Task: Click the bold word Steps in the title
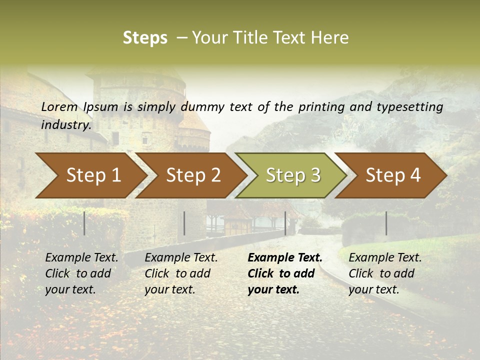pyautogui.click(x=145, y=38)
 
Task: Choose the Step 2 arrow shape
pyautogui.click(x=193, y=175)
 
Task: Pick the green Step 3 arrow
pyautogui.click(x=293, y=175)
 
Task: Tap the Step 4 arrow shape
pyautogui.click(x=393, y=175)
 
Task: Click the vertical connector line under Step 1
pyautogui.click(x=84, y=223)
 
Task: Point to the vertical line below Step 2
pyautogui.click(x=184, y=223)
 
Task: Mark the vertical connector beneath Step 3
pyautogui.click(x=285, y=223)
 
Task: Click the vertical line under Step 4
pyautogui.click(x=386, y=223)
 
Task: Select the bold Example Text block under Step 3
pyautogui.click(x=284, y=273)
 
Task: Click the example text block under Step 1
pyautogui.click(x=81, y=273)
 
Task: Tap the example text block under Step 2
pyautogui.click(x=181, y=273)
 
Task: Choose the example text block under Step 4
pyautogui.click(x=385, y=273)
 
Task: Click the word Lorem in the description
pyautogui.click(x=59, y=106)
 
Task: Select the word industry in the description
pyautogui.click(x=65, y=124)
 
